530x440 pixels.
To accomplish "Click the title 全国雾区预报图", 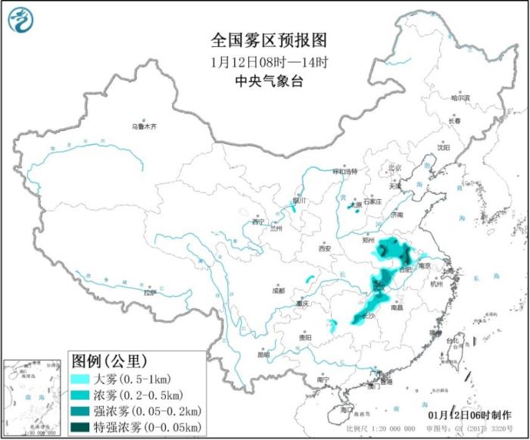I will [x=264, y=39].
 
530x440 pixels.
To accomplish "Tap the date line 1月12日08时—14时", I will [x=264, y=61].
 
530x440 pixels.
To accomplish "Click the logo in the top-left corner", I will [x=24, y=22].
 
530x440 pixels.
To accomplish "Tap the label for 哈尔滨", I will [x=460, y=98].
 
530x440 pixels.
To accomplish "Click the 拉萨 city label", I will [x=149, y=292].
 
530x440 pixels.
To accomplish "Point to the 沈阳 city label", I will [x=441, y=147].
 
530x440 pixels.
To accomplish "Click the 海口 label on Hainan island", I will [x=348, y=409].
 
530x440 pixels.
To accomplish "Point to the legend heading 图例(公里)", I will [x=109, y=359].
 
